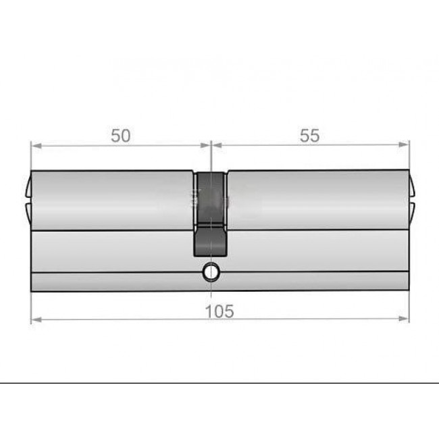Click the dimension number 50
(x=121, y=136)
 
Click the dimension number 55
(x=309, y=136)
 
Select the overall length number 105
(x=219, y=311)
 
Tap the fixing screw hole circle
(x=211, y=272)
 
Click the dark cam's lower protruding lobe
(x=210, y=241)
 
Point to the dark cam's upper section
(x=210, y=198)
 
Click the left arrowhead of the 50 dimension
(x=36, y=146)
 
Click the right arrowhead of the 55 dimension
(x=404, y=145)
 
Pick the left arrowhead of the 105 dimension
(x=36, y=319)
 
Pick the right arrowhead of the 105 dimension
(x=404, y=319)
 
